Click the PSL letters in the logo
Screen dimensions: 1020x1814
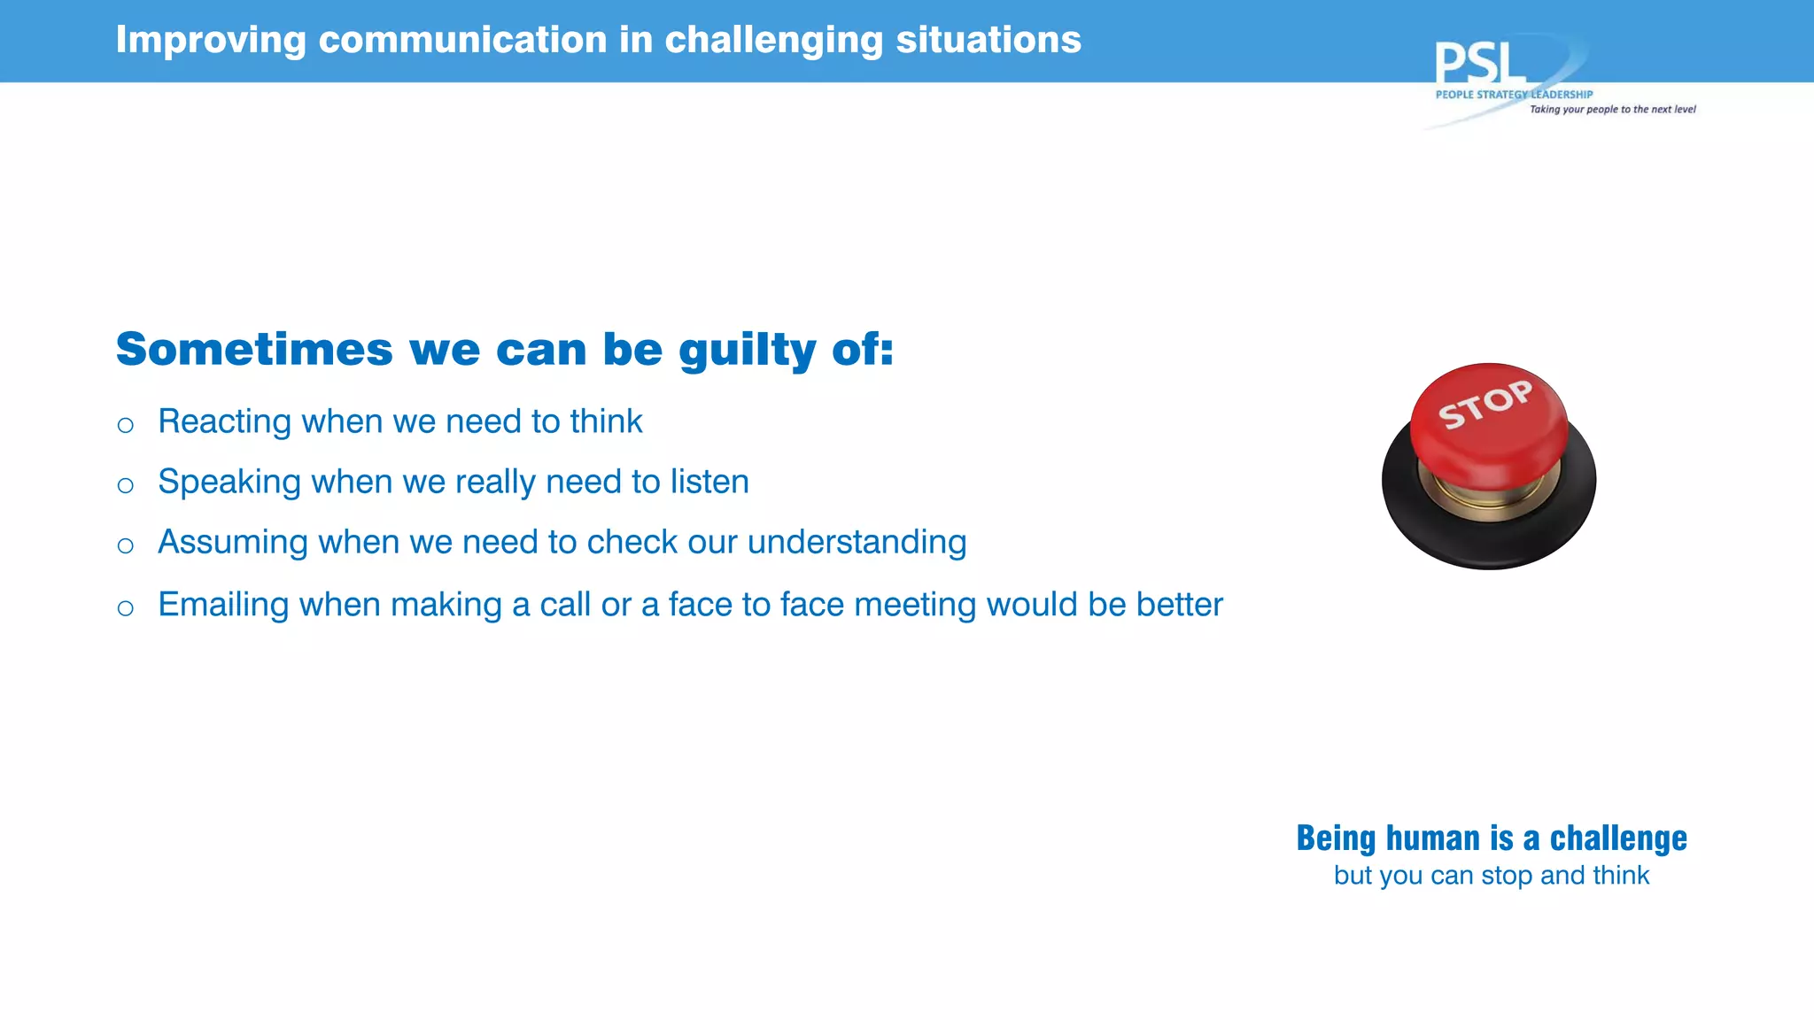click(x=1479, y=64)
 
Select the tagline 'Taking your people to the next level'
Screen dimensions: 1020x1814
click(x=1612, y=110)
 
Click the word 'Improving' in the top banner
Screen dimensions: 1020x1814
click(x=211, y=40)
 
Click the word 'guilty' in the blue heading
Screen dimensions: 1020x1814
click(x=747, y=350)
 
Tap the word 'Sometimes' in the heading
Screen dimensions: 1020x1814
click(x=254, y=349)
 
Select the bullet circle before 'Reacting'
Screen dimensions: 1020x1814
click(x=126, y=425)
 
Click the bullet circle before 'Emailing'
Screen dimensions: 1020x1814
click(x=126, y=607)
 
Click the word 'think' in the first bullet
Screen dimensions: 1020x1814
click(x=606, y=421)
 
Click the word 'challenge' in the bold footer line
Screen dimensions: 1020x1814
click(x=1618, y=838)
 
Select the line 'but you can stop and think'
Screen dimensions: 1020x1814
click(x=1492, y=876)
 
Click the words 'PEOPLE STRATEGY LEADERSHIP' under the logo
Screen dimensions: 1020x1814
click(x=1514, y=95)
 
